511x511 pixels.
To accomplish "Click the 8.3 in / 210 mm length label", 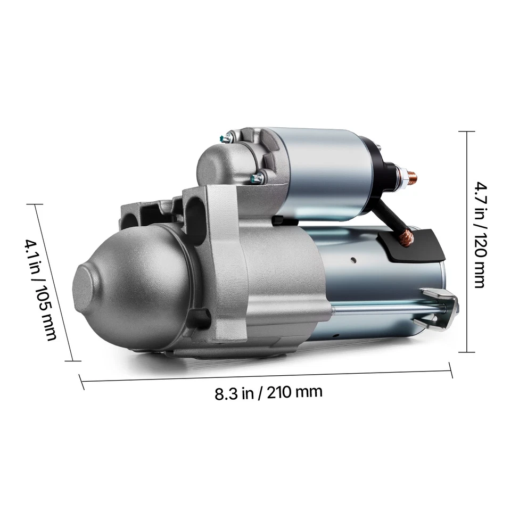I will coord(268,393).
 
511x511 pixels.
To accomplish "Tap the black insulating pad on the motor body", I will coord(415,245).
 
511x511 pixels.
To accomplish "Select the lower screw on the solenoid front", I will coord(257,178).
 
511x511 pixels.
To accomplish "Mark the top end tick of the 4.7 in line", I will coord(467,131).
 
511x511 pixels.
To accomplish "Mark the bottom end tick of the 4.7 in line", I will coord(467,352).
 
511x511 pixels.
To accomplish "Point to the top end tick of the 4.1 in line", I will coord(35,205).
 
